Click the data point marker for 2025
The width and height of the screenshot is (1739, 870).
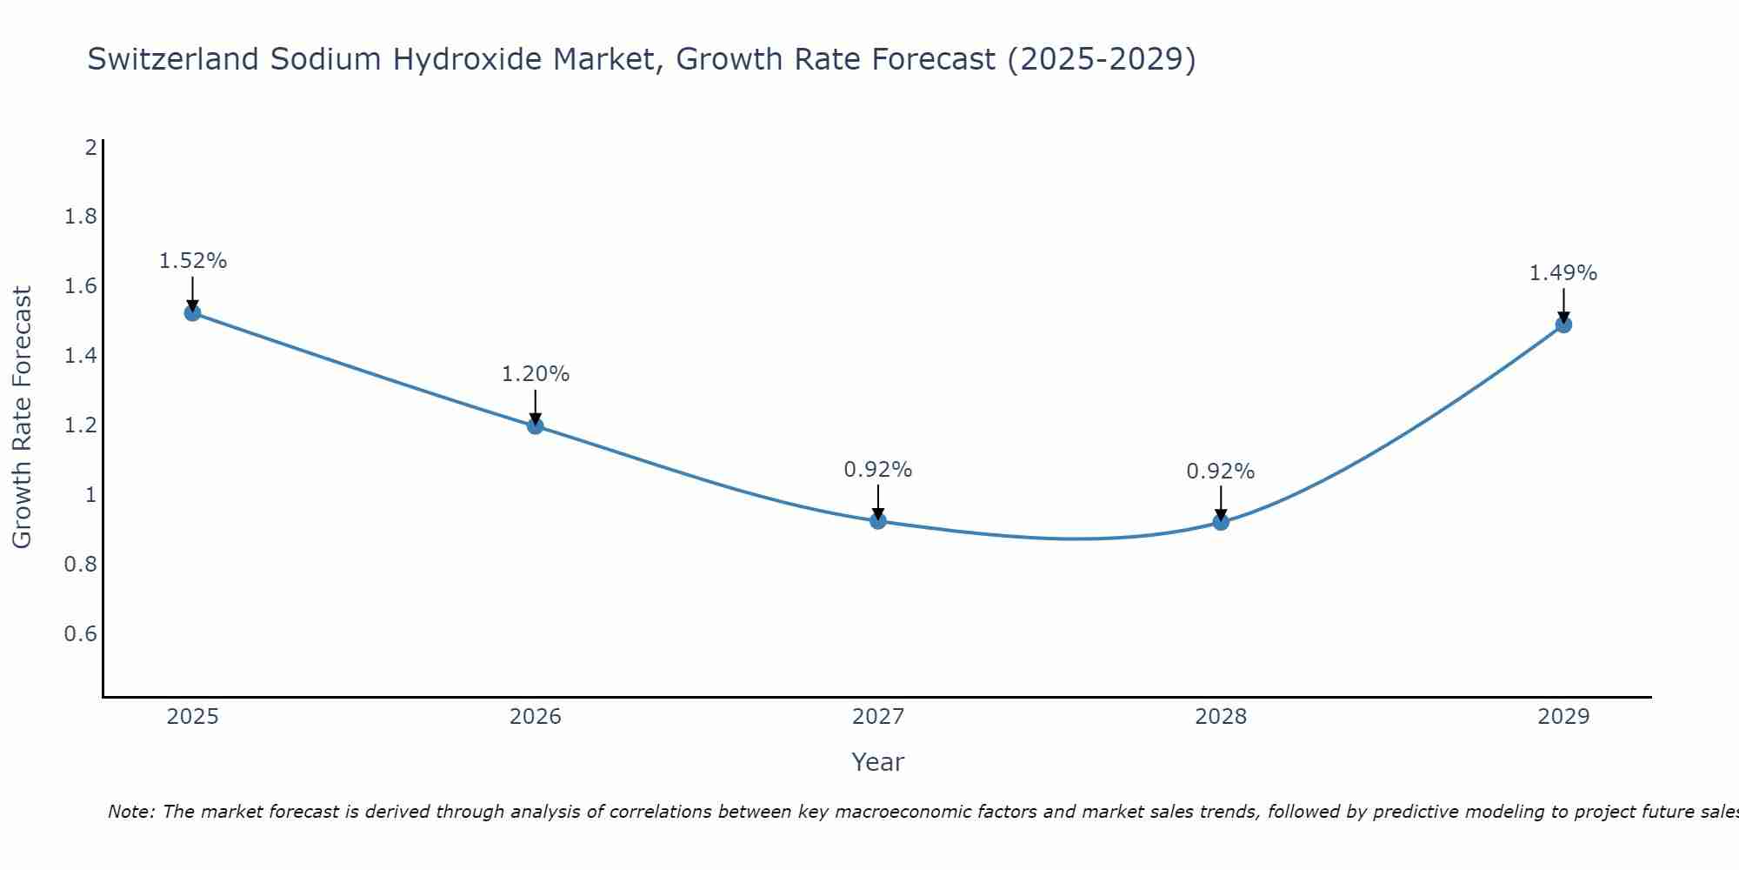click(x=193, y=312)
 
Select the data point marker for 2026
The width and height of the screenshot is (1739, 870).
click(x=536, y=425)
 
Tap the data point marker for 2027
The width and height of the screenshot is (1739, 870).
click(x=878, y=521)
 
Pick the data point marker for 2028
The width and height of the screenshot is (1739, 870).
click(x=1221, y=522)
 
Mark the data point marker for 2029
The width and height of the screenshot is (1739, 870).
click(x=1563, y=325)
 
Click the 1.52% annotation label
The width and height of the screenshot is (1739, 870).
click(x=193, y=261)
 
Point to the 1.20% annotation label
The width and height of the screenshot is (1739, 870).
click(x=536, y=374)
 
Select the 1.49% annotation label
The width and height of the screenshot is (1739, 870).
click(x=1563, y=273)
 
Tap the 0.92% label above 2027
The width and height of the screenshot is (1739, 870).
click(x=878, y=470)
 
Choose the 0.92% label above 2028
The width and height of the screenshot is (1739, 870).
click(x=1221, y=472)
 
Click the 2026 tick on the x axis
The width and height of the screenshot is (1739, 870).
click(x=536, y=717)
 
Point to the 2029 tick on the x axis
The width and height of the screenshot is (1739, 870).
click(x=1563, y=717)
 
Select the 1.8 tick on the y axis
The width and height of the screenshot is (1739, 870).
click(x=81, y=217)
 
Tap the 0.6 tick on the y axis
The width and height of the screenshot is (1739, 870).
click(x=81, y=633)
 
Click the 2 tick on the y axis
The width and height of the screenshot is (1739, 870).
click(x=90, y=147)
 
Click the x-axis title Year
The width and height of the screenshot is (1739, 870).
click(x=878, y=762)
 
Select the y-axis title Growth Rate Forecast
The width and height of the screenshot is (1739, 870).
click(x=22, y=418)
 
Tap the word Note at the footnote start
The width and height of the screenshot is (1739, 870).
click(x=130, y=812)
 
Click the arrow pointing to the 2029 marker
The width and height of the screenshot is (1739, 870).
click(x=1563, y=304)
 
